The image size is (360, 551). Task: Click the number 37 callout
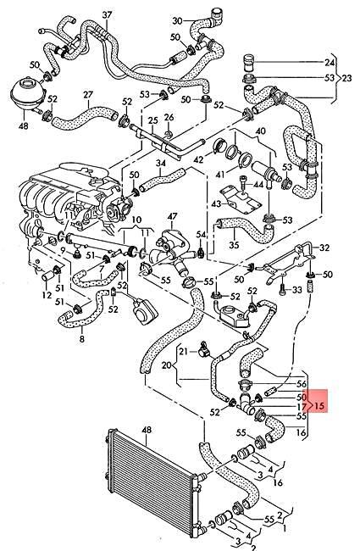coord(107,14)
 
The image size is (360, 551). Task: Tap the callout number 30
coord(177,20)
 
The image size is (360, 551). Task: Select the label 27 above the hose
coord(88,95)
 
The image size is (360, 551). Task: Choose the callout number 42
coord(197,159)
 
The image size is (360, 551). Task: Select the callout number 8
coord(81,339)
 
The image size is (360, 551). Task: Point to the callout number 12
coord(46,296)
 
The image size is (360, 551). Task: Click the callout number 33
coord(296,291)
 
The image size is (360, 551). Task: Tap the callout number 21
coord(183,351)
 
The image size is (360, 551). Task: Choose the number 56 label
coord(302,383)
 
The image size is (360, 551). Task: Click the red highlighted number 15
coord(321,406)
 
